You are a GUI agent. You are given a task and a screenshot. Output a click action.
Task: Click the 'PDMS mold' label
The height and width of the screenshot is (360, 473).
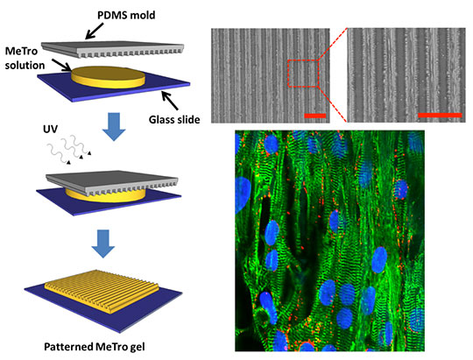tap(126, 15)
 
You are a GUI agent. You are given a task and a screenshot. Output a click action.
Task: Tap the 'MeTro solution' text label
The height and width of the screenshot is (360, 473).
tap(25, 58)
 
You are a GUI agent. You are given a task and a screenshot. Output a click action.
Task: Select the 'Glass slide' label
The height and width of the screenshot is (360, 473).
tap(174, 120)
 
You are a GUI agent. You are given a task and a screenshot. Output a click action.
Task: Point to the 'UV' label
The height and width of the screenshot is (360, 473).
tap(50, 129)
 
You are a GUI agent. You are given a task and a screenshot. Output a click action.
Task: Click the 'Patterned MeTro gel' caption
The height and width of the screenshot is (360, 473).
tap(95, 347)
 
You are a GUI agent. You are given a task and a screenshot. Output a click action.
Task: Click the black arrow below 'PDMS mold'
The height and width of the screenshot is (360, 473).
tap(94, 31)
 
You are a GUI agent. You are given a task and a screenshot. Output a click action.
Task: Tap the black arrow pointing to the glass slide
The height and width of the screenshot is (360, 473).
tap(170, 101)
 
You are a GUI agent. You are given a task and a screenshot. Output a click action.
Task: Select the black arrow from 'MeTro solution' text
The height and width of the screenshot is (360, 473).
tap(60, 65)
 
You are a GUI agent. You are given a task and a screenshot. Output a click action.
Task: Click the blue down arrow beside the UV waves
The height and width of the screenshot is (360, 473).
tap(114, 126)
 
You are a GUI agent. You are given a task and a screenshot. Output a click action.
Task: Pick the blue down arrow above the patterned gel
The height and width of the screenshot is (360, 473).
tap(103, 244)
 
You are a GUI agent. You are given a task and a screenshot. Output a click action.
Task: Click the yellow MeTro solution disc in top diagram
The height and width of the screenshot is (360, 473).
tap(108, 77)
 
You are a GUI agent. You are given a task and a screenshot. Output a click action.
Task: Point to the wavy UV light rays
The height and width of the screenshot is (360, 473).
tap(69, 150)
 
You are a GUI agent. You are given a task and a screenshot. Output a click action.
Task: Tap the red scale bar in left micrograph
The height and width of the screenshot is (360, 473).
tap(315, 116)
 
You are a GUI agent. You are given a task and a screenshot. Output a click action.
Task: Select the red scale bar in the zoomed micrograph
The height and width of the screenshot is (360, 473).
tap(440, 115)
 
